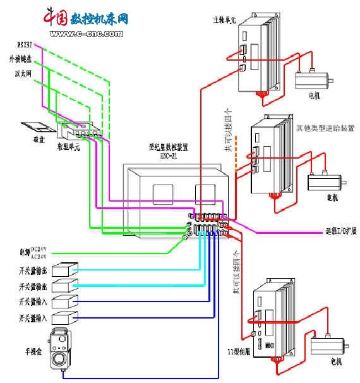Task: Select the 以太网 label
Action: click(x=23, y=73)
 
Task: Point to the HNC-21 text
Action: click(x=169, y=155)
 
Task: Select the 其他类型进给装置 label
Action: click(x=325, y=128)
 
